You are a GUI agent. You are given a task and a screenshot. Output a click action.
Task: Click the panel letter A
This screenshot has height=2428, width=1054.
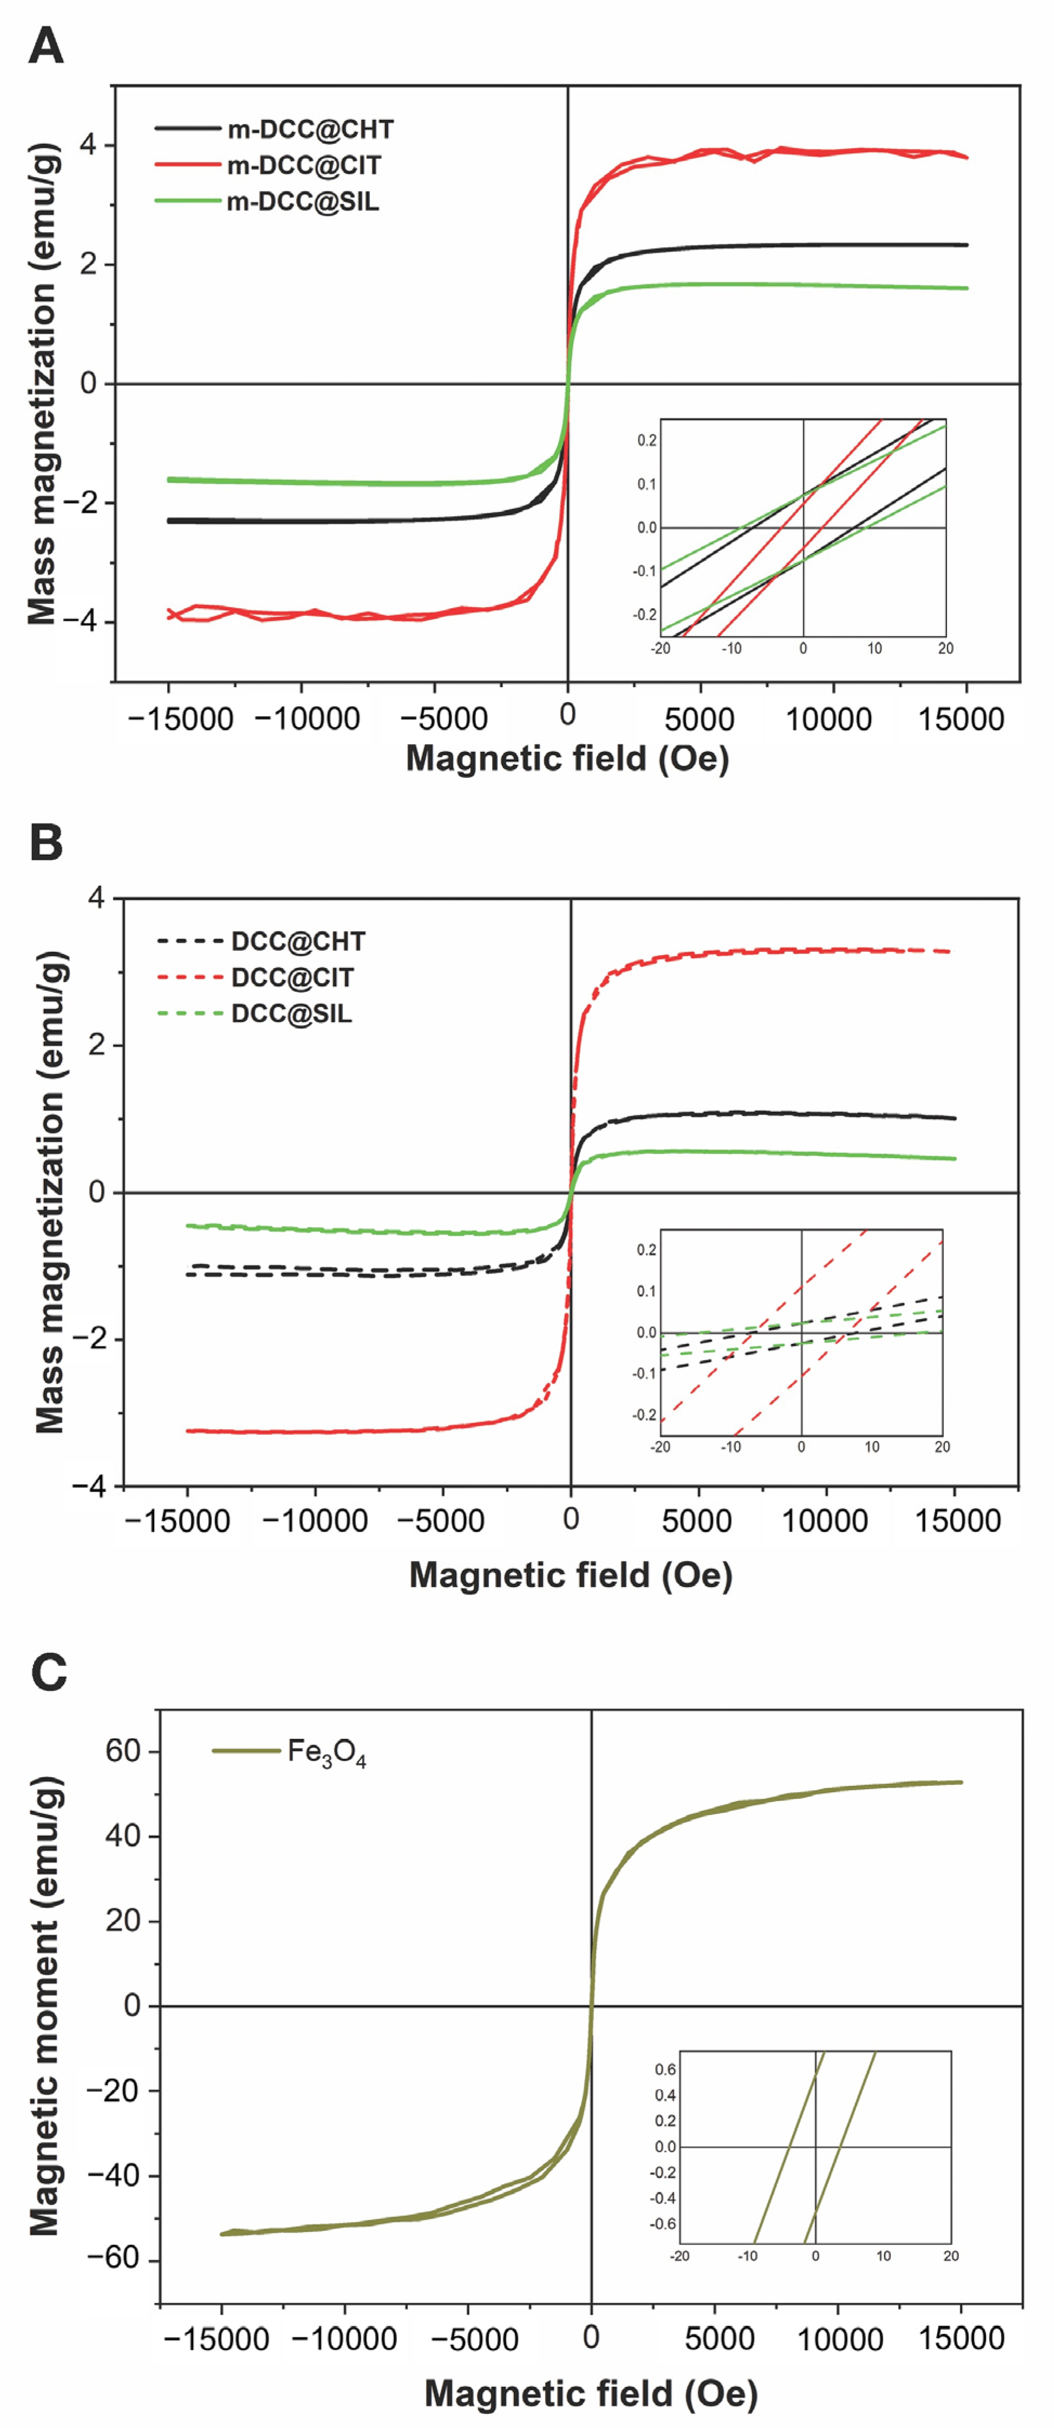[46, 46]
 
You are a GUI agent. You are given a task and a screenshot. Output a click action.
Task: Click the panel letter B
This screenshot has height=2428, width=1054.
[46, 842]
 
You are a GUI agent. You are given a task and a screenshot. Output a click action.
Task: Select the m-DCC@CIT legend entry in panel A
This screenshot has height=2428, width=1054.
[303, 166]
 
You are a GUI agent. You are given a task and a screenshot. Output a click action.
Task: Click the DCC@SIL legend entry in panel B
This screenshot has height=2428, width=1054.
[291, 1014]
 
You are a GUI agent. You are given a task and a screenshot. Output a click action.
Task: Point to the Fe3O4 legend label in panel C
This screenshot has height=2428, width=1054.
[326, 1753]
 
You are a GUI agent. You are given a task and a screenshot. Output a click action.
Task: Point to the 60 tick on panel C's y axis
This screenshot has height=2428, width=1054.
[123, 1751]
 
